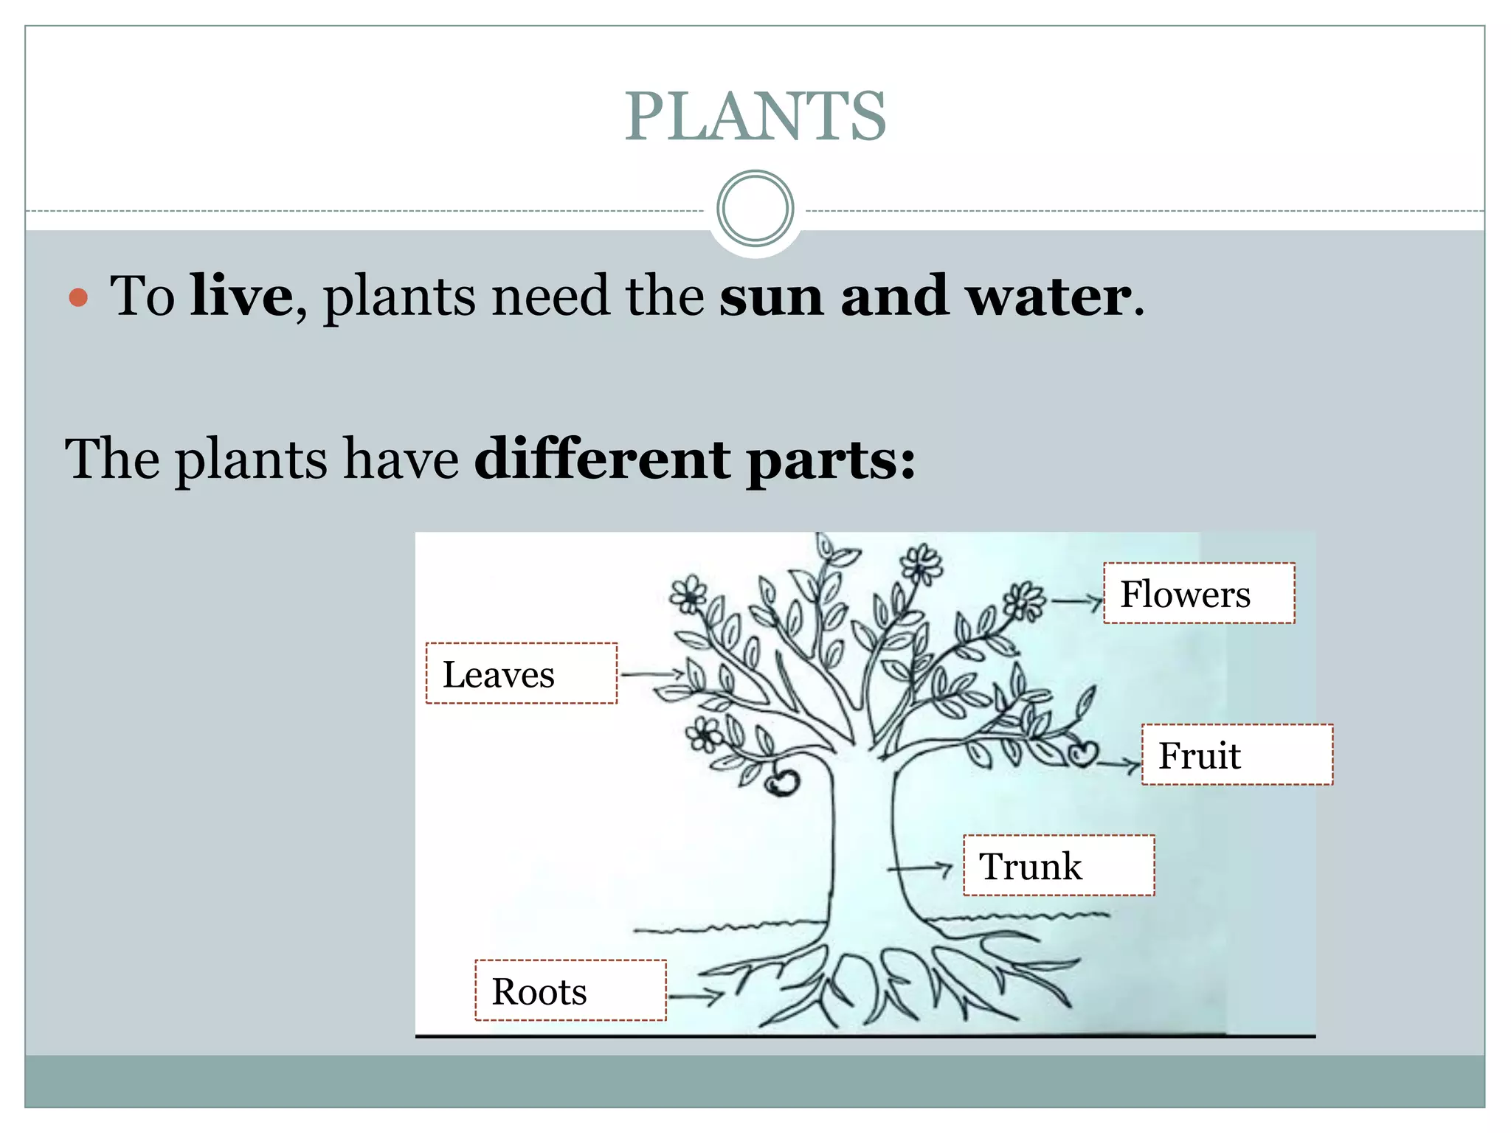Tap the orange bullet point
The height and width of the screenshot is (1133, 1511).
pos(78,298)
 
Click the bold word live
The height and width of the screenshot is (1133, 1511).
pos(241,296)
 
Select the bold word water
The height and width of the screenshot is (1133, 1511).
pos(1048,296)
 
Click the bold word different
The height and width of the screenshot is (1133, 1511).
pos(602,459)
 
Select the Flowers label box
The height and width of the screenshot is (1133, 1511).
pos(1199,594)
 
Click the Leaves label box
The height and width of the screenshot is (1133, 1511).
pos(521,673)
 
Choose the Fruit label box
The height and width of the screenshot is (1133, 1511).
pos(1237,755)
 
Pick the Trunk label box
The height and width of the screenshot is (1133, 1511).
pos(1059,865)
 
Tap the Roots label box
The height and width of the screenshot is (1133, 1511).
pos(570,991)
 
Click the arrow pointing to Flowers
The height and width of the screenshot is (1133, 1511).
pos(1076,602)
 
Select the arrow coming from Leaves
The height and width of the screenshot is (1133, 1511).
pos(652,673)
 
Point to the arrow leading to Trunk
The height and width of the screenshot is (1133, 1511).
pos(921,868)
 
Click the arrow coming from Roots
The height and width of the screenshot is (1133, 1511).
pos(695,997)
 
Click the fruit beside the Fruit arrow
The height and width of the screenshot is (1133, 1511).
pos(1082,754)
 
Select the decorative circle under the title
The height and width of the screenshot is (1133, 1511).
pos(755,209)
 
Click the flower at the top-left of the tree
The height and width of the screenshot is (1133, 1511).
pos(688,593)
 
